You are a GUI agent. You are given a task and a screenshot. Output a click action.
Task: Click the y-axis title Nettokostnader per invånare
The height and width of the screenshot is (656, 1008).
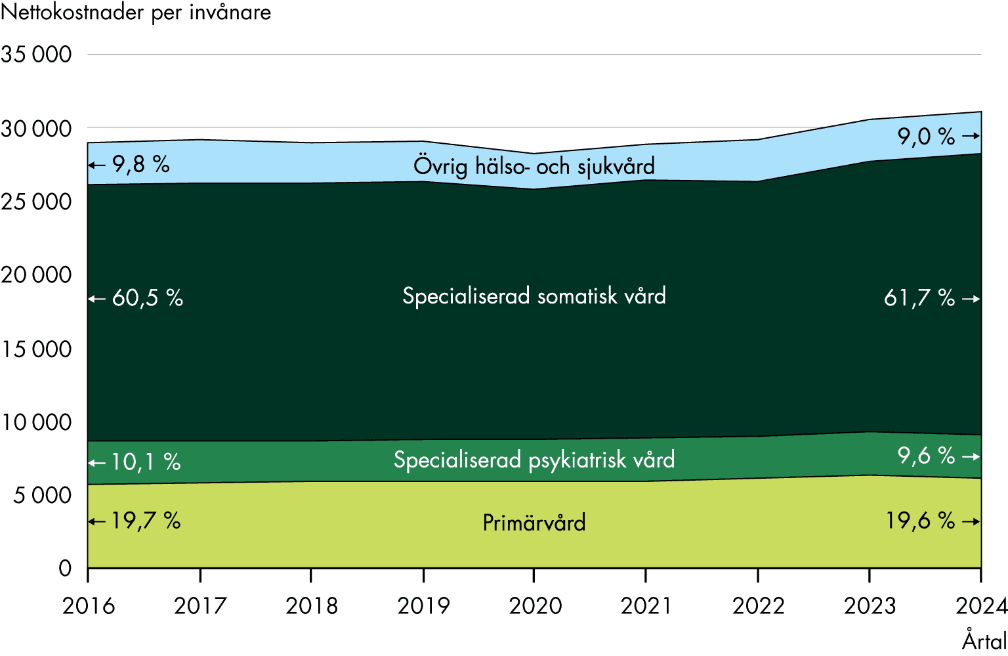coord(136,12)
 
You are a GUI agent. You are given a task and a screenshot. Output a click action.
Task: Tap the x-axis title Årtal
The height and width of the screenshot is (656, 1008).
coord(984,640)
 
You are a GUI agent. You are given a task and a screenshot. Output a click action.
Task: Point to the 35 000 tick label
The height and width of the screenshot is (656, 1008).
coord(37,55)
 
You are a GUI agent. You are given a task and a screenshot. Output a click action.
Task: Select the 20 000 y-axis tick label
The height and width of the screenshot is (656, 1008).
coord(37,275)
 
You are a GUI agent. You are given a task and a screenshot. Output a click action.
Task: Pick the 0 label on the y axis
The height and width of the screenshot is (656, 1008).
coord(65,568)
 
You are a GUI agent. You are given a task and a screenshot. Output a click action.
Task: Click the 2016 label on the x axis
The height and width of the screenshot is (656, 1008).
coord(89,605)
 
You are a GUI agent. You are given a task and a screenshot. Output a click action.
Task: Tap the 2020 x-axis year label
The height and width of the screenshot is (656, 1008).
coord(535,605)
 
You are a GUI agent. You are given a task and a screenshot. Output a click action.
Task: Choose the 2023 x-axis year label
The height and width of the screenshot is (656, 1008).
coord(870,605)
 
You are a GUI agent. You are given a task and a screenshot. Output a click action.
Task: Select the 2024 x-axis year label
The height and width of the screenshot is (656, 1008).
coord(981,605)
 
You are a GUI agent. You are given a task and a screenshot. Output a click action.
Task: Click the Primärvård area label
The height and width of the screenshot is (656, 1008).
coord(534,523)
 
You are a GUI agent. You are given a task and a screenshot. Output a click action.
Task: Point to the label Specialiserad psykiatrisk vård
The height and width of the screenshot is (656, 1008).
coord(534,460)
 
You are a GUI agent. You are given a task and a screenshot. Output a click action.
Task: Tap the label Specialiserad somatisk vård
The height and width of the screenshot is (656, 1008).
coord(534,296)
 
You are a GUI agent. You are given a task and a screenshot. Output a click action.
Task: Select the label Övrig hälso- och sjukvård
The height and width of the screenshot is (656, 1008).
coord(534,166)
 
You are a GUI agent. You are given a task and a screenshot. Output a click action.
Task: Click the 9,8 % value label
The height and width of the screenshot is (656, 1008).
coord(140,164)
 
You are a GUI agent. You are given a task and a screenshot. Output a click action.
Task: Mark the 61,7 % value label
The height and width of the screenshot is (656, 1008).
coord(919,298)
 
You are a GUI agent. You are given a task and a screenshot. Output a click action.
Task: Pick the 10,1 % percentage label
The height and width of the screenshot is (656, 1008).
coord(145,462)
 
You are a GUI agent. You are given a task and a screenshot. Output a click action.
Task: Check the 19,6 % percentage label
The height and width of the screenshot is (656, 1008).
coord(920,521)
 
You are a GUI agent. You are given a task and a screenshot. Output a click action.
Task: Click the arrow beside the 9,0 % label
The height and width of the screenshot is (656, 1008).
coord(971,137)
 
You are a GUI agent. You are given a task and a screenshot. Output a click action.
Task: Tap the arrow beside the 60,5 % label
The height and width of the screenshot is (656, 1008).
coord(97,299)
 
